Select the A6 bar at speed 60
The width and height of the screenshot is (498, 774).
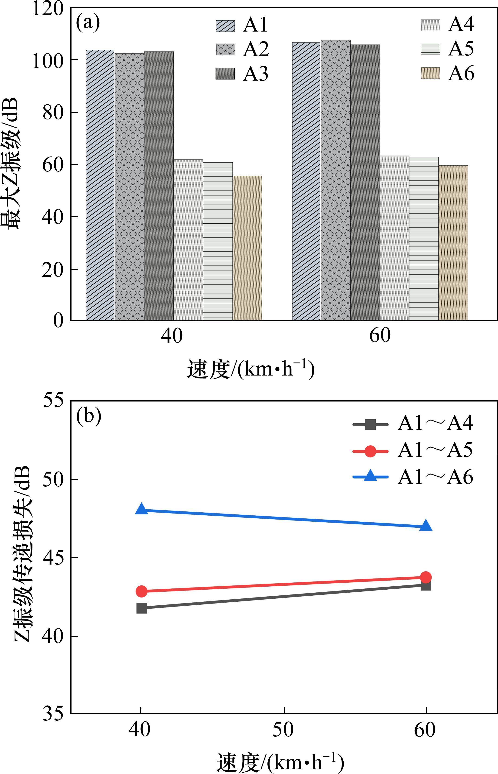click(453, 243)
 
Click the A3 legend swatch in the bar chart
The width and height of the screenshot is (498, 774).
click(225, 74)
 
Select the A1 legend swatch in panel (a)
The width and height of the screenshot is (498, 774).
click(225, 26)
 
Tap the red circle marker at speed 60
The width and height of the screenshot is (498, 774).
click(426, 577)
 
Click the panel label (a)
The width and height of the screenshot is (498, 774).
click(88, 23)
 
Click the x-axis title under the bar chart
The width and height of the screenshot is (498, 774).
click(251, 369)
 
